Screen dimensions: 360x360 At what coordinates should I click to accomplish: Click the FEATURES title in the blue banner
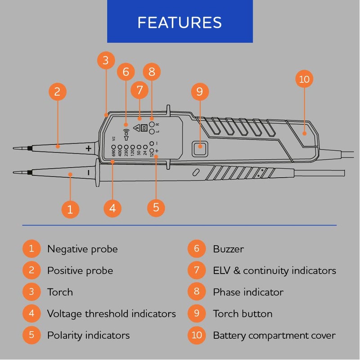point(180,22)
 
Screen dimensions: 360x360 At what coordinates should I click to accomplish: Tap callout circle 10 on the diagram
point(305,80)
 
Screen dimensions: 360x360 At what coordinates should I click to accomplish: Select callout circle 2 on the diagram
point(57,92)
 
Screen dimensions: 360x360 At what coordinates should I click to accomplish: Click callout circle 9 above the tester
point(199,91)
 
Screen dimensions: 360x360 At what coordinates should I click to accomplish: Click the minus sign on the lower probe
point(89,172)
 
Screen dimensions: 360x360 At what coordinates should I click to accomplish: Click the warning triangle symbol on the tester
point(137,128)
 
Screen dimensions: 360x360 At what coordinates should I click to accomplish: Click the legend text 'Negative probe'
point(82,249)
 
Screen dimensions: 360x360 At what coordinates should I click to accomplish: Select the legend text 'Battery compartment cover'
point(274,336)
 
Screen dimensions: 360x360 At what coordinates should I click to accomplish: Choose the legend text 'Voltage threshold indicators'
point(111,314)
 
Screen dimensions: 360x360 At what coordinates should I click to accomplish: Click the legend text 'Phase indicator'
point(248,292)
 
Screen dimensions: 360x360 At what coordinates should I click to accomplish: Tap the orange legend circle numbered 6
point(197,249)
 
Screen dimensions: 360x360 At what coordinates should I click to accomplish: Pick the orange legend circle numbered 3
point(31,292)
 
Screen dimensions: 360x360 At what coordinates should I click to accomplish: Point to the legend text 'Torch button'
point(243,314)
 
